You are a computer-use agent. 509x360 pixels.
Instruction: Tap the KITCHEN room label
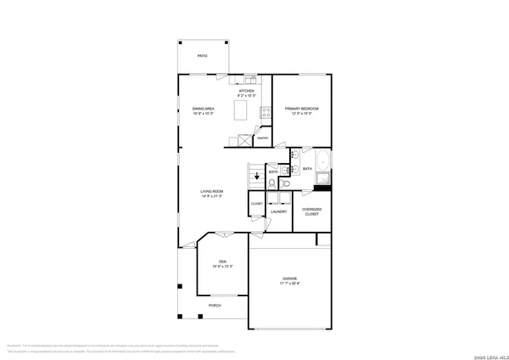pyautogui.click(x=247, y=90)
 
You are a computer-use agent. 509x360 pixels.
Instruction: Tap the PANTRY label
pyautogui.click(x=263, y=138)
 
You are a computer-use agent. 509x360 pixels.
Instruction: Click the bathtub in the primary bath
pyautogui.click(x=322, y=162)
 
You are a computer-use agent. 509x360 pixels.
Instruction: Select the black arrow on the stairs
pyautogui.click(x=258, y=176)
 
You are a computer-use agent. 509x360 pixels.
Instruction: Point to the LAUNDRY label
pyautogui.click(x=277, y=211)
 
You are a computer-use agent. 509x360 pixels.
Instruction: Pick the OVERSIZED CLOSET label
pyautogui.click(x=312, y=213)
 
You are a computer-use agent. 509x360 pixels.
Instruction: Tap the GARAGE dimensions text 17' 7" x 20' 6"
pyautogui.click(x=290, y=283)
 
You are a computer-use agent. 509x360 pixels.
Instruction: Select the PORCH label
pyautogui.click(x=215, y=306)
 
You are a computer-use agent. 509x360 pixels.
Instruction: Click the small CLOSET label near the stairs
pyautogui.click(x=256, y=204)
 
